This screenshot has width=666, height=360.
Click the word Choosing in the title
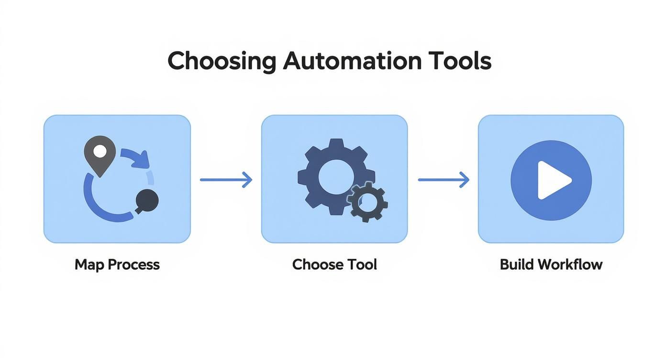222,62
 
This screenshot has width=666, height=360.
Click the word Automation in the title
352,62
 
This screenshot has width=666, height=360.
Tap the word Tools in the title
460,62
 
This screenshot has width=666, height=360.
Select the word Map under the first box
89,264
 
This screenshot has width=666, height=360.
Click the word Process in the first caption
133,265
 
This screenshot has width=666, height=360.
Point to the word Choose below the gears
317,264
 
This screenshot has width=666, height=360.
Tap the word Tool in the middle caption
362,264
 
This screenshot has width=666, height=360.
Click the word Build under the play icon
516,264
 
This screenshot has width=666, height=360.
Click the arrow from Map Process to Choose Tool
226,180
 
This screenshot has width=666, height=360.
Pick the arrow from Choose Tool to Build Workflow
444,180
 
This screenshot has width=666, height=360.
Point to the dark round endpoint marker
146,201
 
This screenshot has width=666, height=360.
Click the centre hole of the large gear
336,173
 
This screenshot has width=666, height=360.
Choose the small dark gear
367,202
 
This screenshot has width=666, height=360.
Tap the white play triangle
552,180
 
